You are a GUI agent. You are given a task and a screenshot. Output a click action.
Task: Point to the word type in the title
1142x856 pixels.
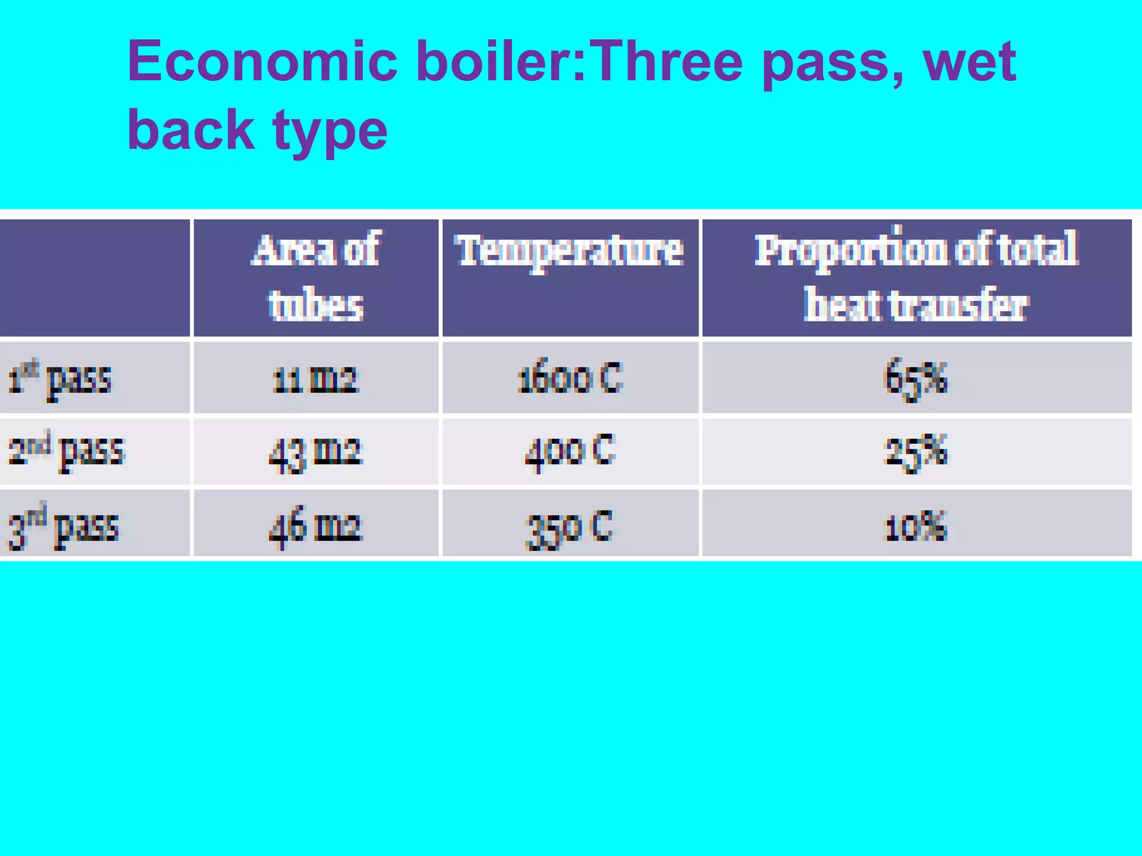pos(329,132)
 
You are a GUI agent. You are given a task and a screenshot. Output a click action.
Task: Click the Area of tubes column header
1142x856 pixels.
pos(316,278)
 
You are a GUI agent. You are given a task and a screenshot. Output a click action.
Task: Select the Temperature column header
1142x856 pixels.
pos(569,251)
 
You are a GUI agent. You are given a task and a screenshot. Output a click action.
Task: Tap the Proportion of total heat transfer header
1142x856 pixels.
pos(916,278)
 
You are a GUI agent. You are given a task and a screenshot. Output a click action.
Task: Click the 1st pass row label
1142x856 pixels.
pos(60,378)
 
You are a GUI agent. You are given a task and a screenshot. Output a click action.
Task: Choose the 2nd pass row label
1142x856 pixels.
pos(66,451)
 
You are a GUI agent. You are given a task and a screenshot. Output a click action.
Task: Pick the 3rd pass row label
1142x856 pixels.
pos(63,526)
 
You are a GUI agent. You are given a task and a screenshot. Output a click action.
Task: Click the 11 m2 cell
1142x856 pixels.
pos(316,380)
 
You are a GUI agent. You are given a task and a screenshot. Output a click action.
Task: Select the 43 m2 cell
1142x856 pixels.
pos(316,452)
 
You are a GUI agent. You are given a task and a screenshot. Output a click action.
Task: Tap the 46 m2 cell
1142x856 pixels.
pos(316,526)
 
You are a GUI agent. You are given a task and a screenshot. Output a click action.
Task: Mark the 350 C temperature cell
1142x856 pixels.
pos(569,527)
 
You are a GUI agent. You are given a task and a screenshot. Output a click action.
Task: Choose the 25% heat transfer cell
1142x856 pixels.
pos(916,452)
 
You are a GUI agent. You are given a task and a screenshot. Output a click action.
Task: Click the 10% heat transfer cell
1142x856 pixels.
pos(916,526)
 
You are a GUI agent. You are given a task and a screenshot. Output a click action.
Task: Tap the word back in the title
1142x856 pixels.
pos(191,130)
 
